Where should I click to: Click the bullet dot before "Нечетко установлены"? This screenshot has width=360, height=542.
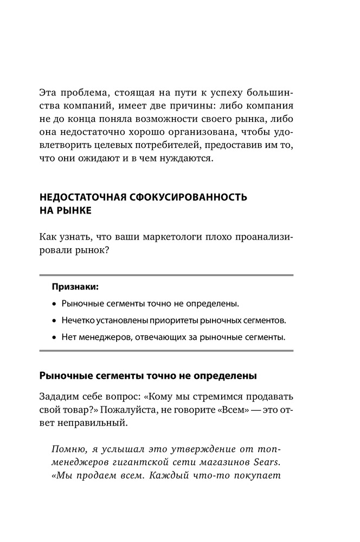pyautogui.click(x=54, y=320)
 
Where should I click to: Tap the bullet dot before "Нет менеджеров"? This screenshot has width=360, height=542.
pyautogui.click(x=54, y=338)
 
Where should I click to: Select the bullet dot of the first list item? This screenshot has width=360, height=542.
pyautogui.click(x=54, y=303)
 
